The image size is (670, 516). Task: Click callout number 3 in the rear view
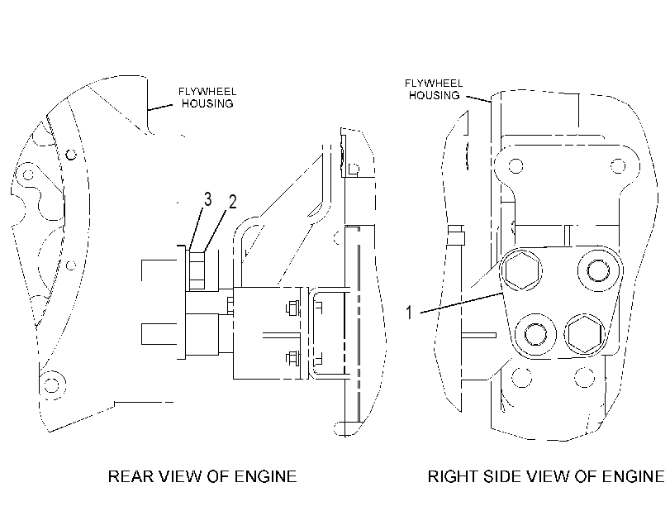[x=207, y=199]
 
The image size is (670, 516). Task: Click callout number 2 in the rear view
[x=232, y=202]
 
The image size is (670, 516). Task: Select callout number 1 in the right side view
[x=409, y=313]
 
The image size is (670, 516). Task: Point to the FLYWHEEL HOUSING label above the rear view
[x=207, y=98]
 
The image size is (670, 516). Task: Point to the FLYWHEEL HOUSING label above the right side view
[x=434, y=89]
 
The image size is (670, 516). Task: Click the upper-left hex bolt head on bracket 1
[x=520, y=270]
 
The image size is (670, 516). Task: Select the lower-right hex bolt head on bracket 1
[x=585, y=334]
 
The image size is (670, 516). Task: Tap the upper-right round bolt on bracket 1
[x=598, y=270]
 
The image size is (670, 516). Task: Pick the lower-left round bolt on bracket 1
[x=536, y=334]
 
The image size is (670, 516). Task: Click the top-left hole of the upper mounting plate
[x=516, y=165]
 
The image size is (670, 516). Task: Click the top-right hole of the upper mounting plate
[x=618, y=165]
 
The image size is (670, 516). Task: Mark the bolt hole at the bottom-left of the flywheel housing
[x=52, y=385]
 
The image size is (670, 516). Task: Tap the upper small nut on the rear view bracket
[x=292, y=308]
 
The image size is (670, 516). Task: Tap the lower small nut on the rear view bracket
[x=292, y=359]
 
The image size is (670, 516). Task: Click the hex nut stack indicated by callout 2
[x=197, y=270]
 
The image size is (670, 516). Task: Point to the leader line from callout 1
[x=461, y=303]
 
